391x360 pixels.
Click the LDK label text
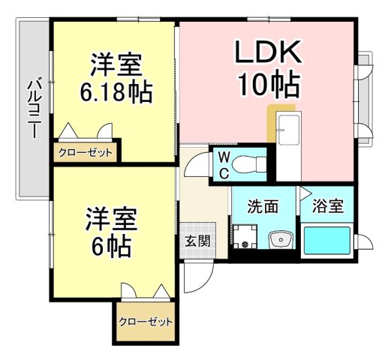(x=268, y=51)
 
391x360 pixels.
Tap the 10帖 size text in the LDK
(x=269, y=85)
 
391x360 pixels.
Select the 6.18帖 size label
(x=116, y=91)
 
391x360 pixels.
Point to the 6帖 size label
(x=111, y=245)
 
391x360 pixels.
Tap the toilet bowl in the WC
(x=248, y=164)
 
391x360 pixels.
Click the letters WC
(x=224, y=165)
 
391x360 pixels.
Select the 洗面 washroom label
(x=263, y=206)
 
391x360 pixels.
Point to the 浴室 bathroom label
(x=328, y=206)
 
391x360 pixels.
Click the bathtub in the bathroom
(x=326, y=241)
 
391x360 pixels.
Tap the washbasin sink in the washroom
(x=281, y=240)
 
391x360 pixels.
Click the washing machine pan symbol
(x=245, y=236)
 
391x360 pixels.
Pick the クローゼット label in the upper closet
(x=85, y=152)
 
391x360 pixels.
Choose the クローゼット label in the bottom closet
(x=146, y=322)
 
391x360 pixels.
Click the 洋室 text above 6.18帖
(x=116, y=64)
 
